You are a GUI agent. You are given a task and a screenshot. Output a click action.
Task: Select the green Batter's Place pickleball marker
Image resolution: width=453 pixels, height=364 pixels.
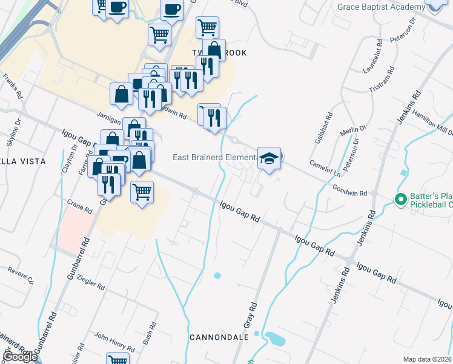click(x=400, y=199)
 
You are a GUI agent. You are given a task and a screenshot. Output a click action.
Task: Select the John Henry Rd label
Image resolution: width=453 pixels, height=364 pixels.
click(x=114, y=342)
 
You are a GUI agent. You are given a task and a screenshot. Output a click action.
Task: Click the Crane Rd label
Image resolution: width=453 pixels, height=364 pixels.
click(x=79, y=206)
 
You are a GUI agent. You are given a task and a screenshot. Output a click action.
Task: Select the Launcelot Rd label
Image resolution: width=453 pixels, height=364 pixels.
click(x=373, y=56)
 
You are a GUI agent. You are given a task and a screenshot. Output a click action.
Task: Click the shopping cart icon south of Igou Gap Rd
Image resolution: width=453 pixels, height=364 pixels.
click(x=142, y=193)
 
